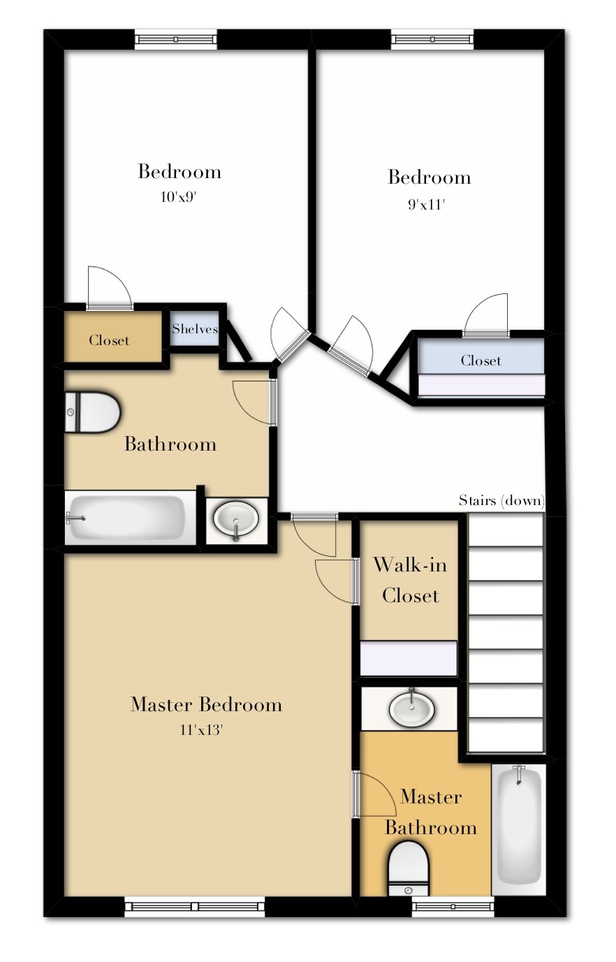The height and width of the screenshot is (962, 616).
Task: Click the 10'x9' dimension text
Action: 178,198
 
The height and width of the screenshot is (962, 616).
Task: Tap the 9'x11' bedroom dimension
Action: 427,205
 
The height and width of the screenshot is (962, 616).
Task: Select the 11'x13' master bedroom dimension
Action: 205,731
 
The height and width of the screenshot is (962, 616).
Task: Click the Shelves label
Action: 195,329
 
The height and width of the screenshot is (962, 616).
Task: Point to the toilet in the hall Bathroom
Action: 92,412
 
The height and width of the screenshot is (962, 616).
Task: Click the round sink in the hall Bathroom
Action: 237,519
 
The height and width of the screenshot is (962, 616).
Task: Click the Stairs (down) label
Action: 501,500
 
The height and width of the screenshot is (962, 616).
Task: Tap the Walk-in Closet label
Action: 410,580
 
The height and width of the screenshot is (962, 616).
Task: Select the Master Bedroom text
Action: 206,704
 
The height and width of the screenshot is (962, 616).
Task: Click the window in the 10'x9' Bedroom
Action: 176,39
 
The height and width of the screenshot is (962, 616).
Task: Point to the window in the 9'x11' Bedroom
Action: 432,39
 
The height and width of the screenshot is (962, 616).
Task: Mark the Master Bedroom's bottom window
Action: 195,907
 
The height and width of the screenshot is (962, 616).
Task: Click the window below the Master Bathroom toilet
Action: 453,907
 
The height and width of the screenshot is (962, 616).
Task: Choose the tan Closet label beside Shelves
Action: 109,340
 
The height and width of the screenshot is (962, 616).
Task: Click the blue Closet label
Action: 481,360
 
